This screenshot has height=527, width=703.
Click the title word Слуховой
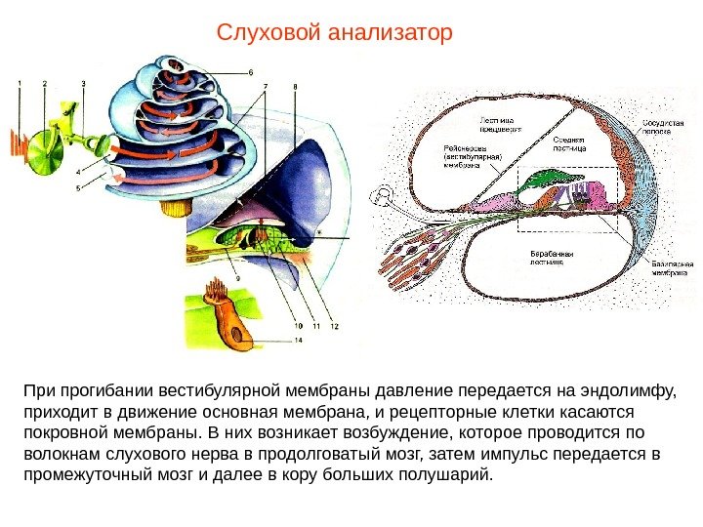point(270,34)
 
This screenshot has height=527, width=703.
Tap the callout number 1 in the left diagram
point(17,84)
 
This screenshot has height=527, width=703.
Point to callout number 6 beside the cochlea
point(250,71)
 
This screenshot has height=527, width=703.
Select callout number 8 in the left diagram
point(296,87)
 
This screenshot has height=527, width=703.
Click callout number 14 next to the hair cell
point(298,341)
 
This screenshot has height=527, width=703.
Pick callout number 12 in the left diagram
point(334,326)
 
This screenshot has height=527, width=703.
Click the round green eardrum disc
point(43,148)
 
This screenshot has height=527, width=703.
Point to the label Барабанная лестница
point(551,258)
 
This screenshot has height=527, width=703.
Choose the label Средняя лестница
point(569,144)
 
